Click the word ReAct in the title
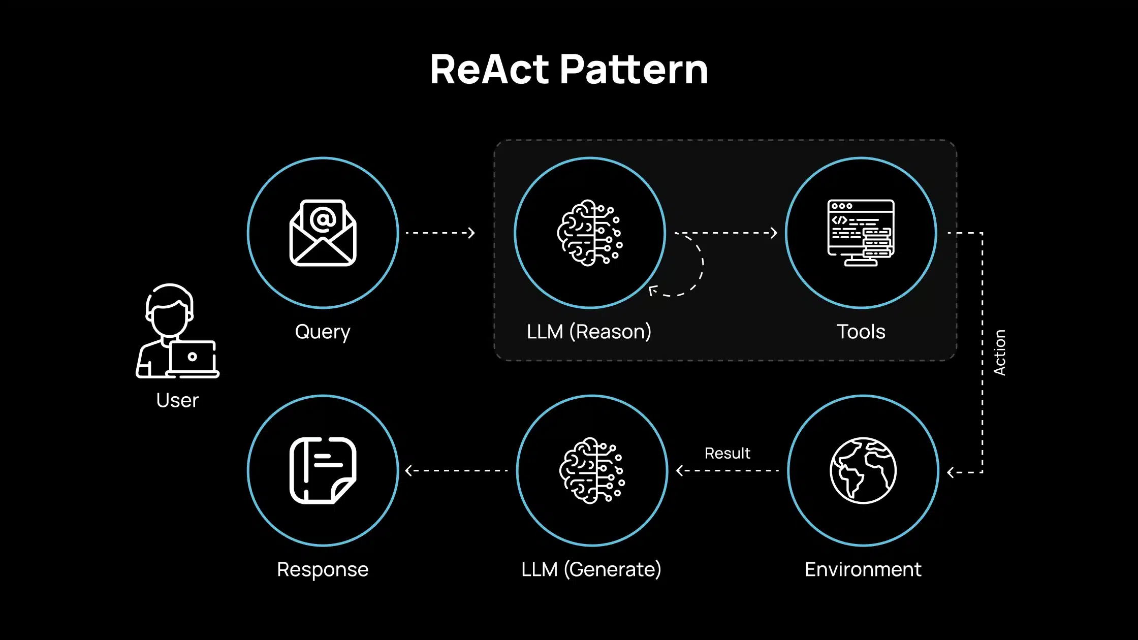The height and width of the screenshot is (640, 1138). tap(489, 70)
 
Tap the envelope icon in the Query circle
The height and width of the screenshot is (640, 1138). tap(323, 233)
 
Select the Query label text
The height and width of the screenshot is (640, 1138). tap(323, 332)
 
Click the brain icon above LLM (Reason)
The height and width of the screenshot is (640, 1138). tap(589, 233)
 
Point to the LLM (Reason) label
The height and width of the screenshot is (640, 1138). tap(589, 332)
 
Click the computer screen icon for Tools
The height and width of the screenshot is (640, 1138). tap(861, 233)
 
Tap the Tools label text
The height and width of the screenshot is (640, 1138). tap(861, 332)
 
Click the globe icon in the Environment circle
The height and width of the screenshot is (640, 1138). tap(863, 470)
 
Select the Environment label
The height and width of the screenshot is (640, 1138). tap(863, 569)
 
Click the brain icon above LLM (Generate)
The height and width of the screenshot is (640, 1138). tap(592, 470)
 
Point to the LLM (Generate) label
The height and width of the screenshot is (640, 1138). tap(591, 569)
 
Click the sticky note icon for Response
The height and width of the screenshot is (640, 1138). tap(323, 470)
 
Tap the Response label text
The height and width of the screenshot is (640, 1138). tap(323, 569)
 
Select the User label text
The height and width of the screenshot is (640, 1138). tap(177, 400)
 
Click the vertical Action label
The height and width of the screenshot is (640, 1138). tap(999, 353)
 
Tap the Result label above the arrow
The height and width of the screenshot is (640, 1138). tap(727, 453)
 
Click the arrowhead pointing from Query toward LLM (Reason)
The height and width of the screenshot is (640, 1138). tap(471, 233)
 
